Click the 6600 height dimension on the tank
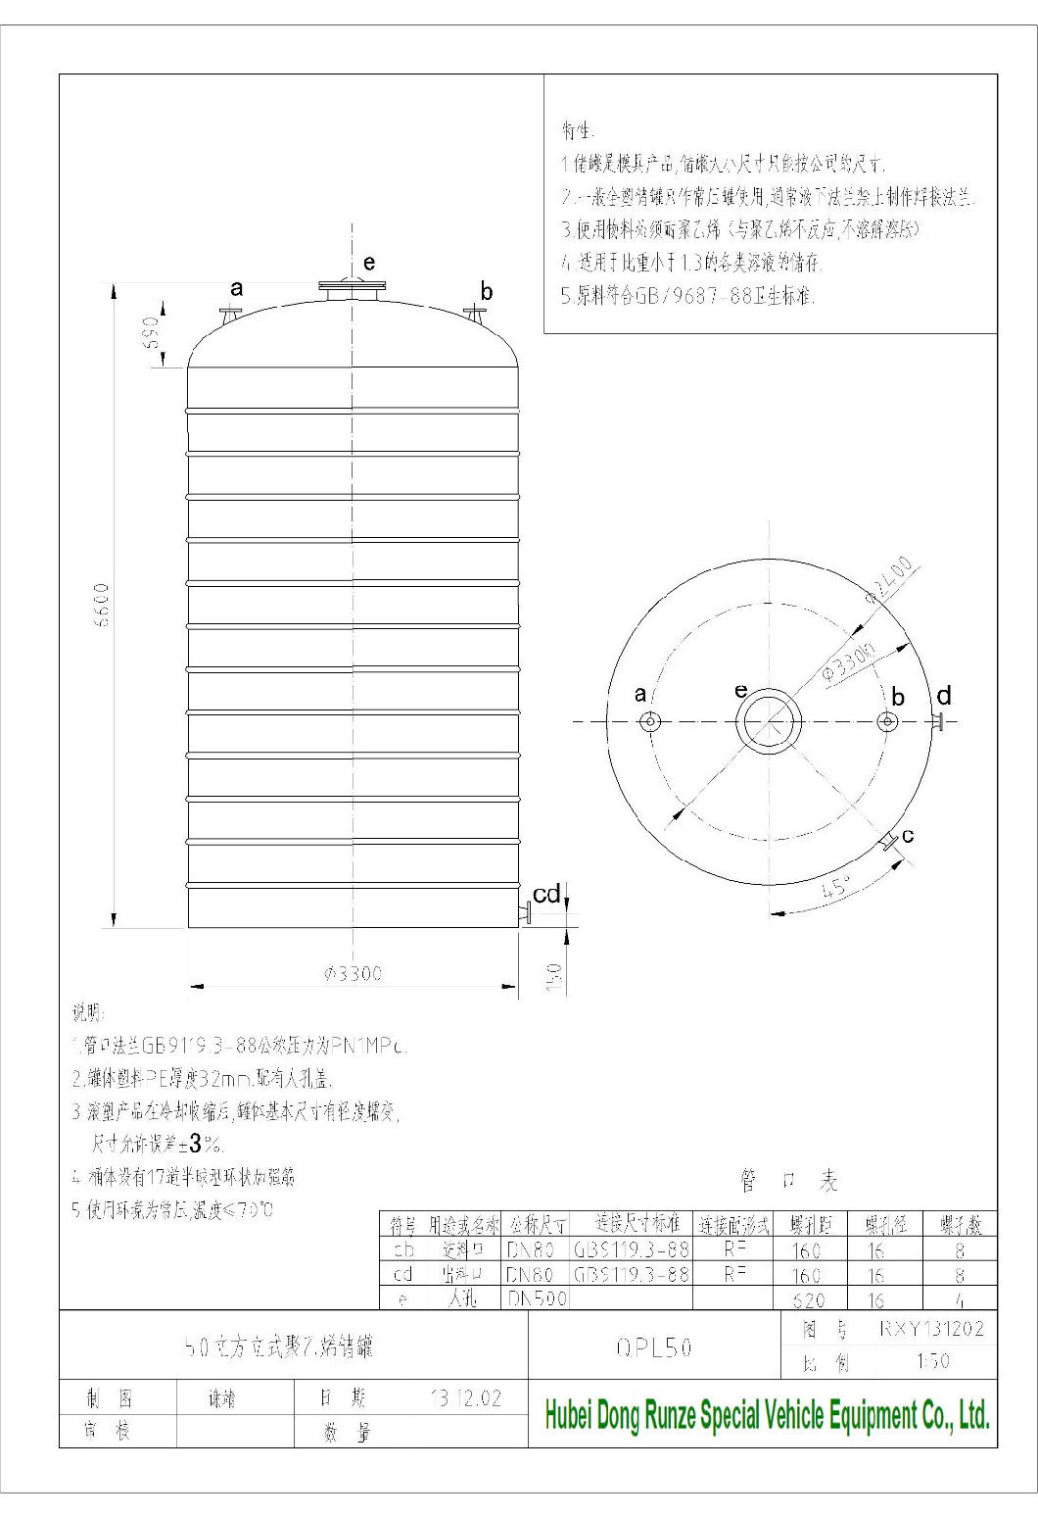tap(101, 607)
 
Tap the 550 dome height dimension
tap(150, 332)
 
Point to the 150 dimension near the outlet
tap(552, 976)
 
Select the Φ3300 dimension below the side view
tap(354, 973)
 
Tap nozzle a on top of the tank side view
tap(231, 315)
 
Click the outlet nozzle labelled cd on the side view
tap(525, 914)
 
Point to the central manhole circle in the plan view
tap(769, 721)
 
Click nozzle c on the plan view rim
tap(888, 841)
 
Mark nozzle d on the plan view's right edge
tap(938, 721)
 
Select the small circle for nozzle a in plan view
tap(649, 722)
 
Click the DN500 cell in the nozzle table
tap(538, 1299)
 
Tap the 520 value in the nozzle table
tap(807, 1299)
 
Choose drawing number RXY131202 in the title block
tap(931, 1329)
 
